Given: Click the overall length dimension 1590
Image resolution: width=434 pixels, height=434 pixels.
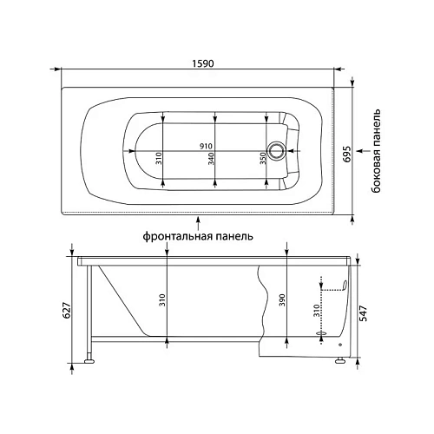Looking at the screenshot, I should click(204, 62).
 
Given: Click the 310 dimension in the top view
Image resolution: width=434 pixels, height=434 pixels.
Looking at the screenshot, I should click(160, 159).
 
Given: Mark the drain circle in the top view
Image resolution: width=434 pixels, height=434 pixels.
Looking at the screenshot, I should click(277, 150).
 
